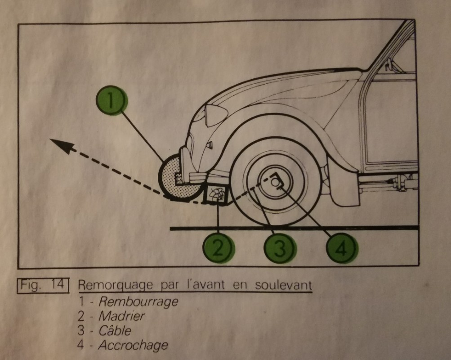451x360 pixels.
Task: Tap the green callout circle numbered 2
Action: pos(218,247)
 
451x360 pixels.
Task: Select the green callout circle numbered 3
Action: pos(280,247)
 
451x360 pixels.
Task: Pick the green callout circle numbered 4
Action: pos(341,247)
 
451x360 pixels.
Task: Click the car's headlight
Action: pos(216,115)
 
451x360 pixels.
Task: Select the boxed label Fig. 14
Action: pos(43,286)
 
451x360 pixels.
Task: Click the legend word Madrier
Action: pos(122,316)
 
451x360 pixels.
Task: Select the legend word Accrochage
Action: pos(133,346)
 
